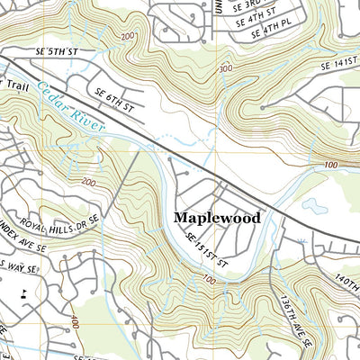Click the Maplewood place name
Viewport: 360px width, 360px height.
(x=217, y=218)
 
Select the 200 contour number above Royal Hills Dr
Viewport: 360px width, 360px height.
(x=88, y=182)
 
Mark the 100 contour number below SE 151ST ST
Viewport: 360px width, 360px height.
(x=209, y=281)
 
